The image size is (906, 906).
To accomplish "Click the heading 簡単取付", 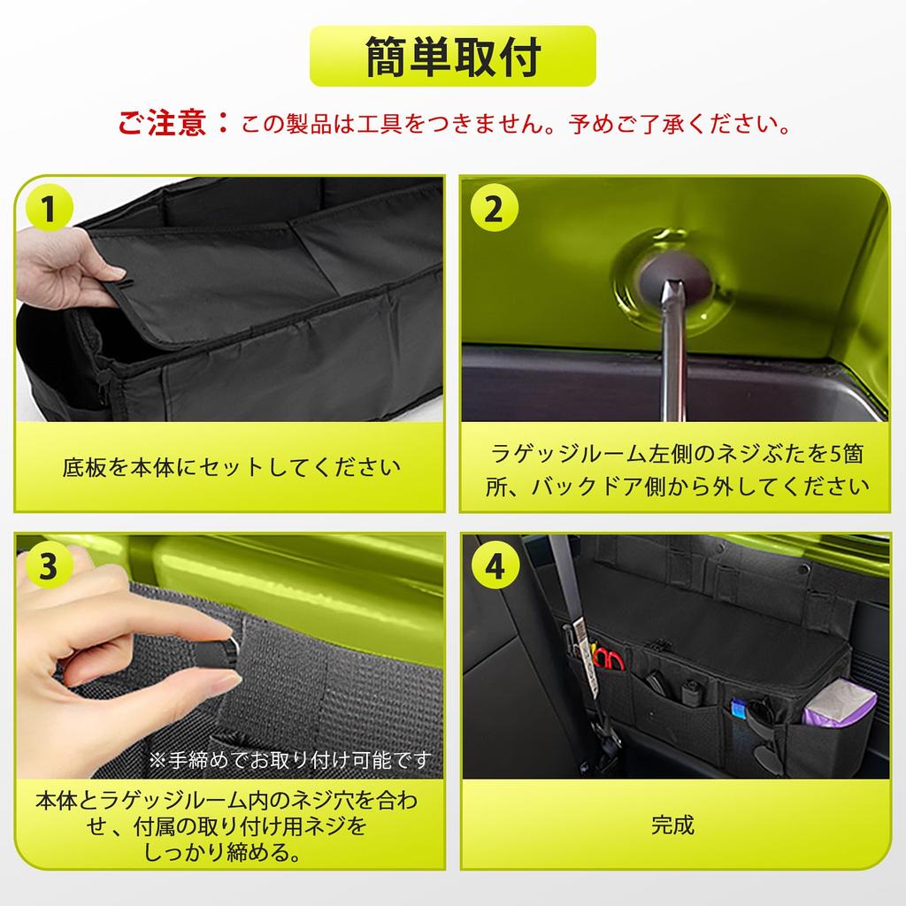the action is click(453, 56).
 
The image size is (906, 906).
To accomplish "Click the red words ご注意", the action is click(163, 122).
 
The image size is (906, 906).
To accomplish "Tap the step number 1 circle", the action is click(50, 208).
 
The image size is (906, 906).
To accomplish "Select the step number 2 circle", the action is click(494, 208).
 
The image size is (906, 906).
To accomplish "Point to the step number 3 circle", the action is click(50, 566).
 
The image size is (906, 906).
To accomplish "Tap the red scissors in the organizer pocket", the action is click(609, 658).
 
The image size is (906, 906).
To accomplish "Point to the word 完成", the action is click(672, 825).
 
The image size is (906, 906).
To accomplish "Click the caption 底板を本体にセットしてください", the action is click(231, 467).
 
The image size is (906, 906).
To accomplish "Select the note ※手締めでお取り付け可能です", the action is click(290, 760).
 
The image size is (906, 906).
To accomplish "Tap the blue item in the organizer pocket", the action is click(739, 709).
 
